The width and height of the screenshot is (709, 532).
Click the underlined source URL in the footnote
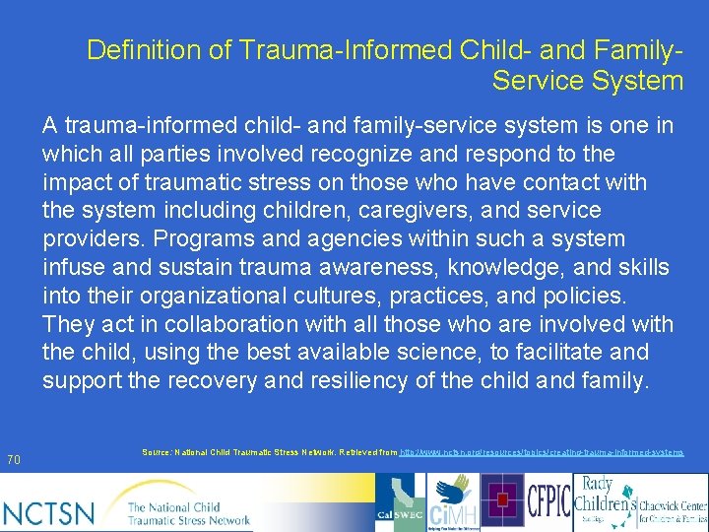coord(543,451)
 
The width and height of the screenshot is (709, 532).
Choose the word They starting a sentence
coord(66,324)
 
